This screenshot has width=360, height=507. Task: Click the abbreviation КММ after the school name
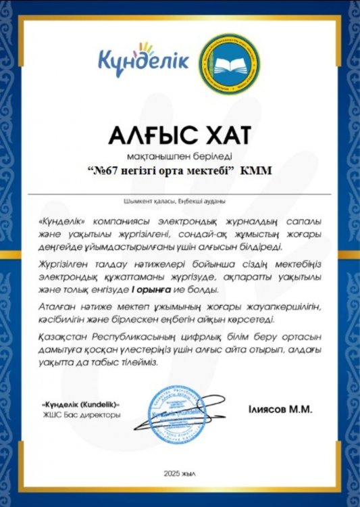[x=258, y=171]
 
